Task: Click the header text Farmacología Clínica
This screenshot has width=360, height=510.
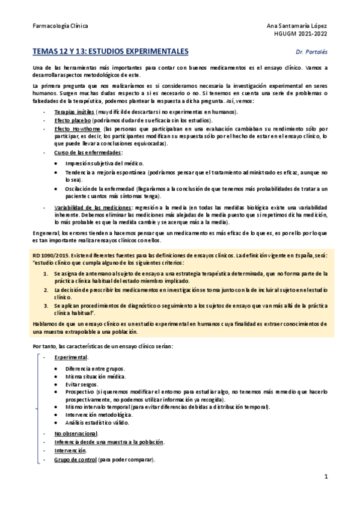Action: coord(59,26)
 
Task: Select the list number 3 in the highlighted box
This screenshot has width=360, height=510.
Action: coord(46,306)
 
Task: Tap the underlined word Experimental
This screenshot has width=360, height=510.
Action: coord(70,357)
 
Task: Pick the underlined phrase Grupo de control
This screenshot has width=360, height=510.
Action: coord(78,459)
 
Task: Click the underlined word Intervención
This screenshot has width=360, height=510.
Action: coord(70,450)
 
